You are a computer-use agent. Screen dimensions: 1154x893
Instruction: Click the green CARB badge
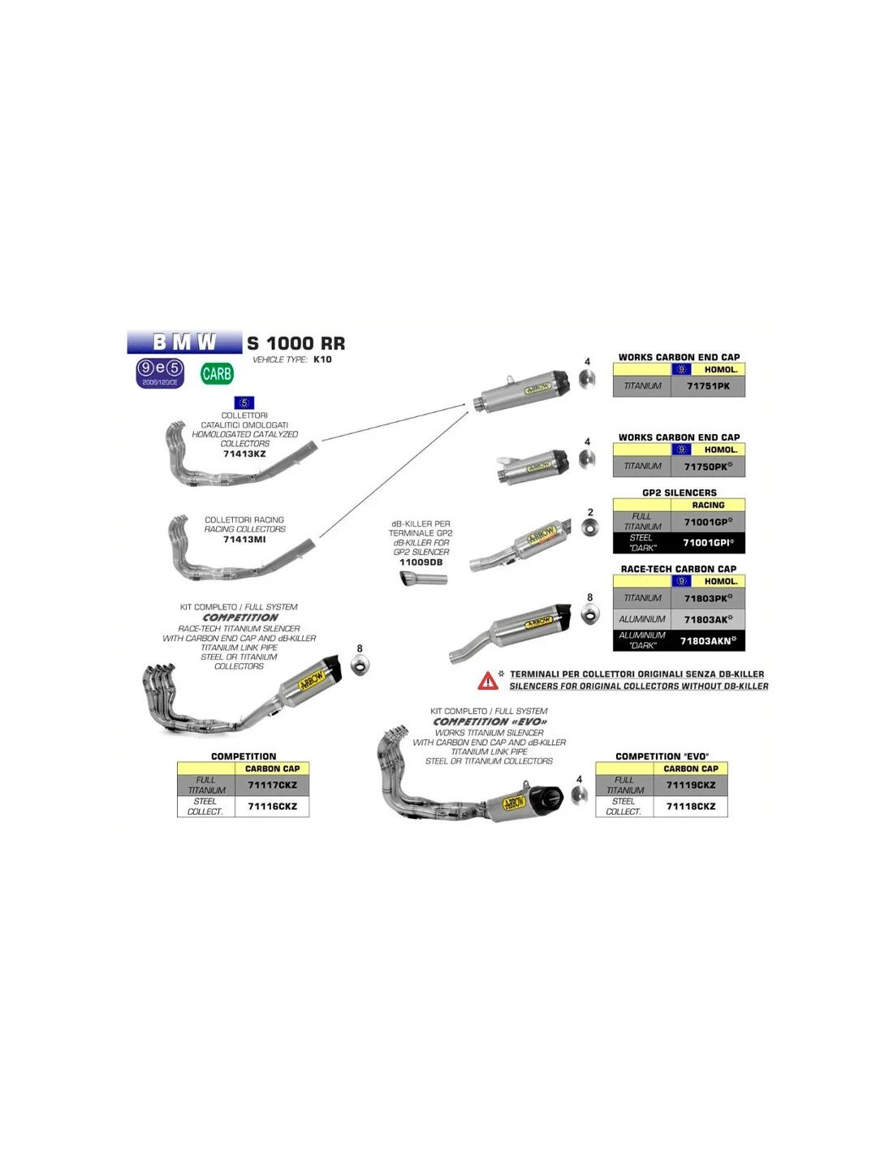pos(217,374)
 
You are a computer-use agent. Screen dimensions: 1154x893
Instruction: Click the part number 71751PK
pos(708,386)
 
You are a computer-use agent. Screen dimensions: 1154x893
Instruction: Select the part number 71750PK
pos(707,467)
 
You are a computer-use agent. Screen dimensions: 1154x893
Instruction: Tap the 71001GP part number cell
pos(707,522)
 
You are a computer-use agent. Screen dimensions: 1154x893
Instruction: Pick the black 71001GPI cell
pos(707,543)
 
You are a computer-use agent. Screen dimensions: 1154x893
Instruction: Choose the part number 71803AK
pos(707,619)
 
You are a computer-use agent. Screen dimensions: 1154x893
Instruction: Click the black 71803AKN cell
pos(707,641)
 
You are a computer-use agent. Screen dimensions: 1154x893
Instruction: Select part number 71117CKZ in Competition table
pos(272,786)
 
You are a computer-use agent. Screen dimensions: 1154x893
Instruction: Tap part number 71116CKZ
pos(272,807)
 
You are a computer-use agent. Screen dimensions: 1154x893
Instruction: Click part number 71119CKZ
pos(691,786)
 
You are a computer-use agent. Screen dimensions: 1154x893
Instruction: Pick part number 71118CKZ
pos(691,807)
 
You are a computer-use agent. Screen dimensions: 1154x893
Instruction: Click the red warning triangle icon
pos(488,681)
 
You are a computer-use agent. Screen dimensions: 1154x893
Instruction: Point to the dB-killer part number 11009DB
pos(421,562)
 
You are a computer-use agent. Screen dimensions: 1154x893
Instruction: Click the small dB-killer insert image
pos(423,579)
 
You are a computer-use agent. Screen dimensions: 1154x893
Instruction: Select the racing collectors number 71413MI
pos(244,540)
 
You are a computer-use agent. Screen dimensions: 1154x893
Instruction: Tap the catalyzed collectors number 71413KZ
pos(244,454)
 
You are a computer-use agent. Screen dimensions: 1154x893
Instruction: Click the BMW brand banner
pos(184,342)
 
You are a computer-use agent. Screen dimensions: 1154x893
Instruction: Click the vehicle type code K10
pos(322,360)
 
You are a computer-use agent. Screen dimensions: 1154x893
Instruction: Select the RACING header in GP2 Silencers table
pos(708,505)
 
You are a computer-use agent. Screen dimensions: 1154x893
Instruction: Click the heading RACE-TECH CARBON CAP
pos(679,569)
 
